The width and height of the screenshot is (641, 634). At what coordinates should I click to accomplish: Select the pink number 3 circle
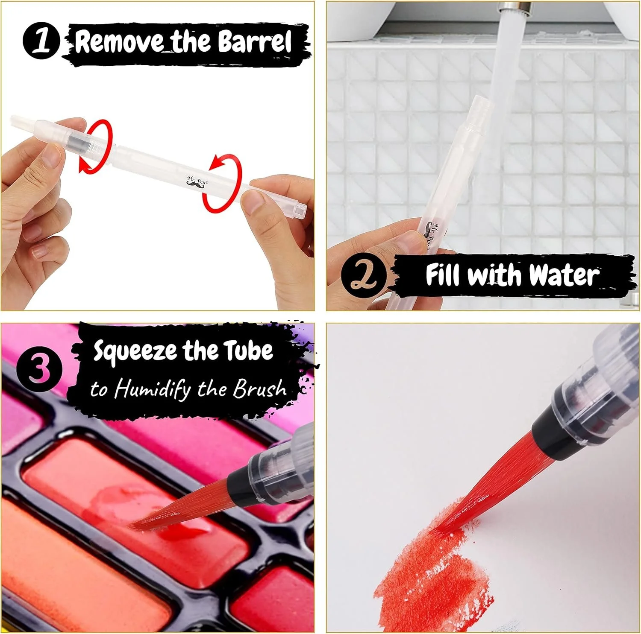40,369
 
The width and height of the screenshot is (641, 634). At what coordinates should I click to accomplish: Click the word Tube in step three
249,350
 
